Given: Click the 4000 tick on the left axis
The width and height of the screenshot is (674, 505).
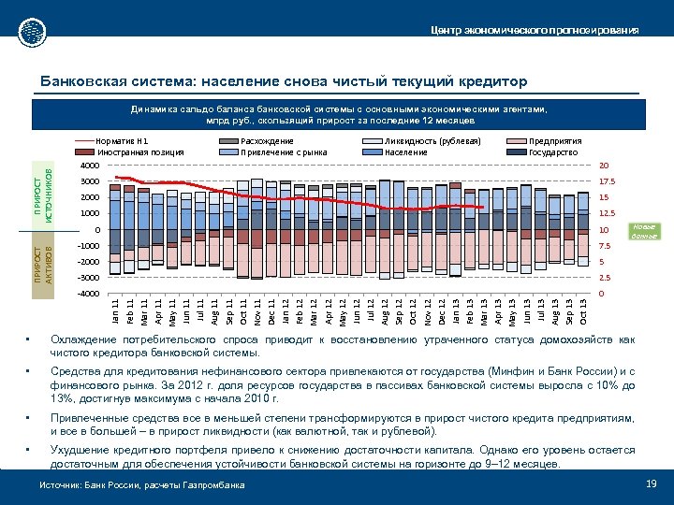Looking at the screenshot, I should point(87,166).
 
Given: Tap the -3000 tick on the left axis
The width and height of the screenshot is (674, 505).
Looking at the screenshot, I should point(86,278).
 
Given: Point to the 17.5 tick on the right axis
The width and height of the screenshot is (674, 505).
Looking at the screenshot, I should point(607,181).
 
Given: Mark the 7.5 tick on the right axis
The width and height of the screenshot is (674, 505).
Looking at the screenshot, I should point(605,246).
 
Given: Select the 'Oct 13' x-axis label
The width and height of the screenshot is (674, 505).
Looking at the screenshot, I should point(584,311).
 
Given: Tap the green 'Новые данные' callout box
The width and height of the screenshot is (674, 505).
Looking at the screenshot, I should point(642,231).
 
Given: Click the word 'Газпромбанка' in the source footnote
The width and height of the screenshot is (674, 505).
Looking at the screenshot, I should point(217,485).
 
